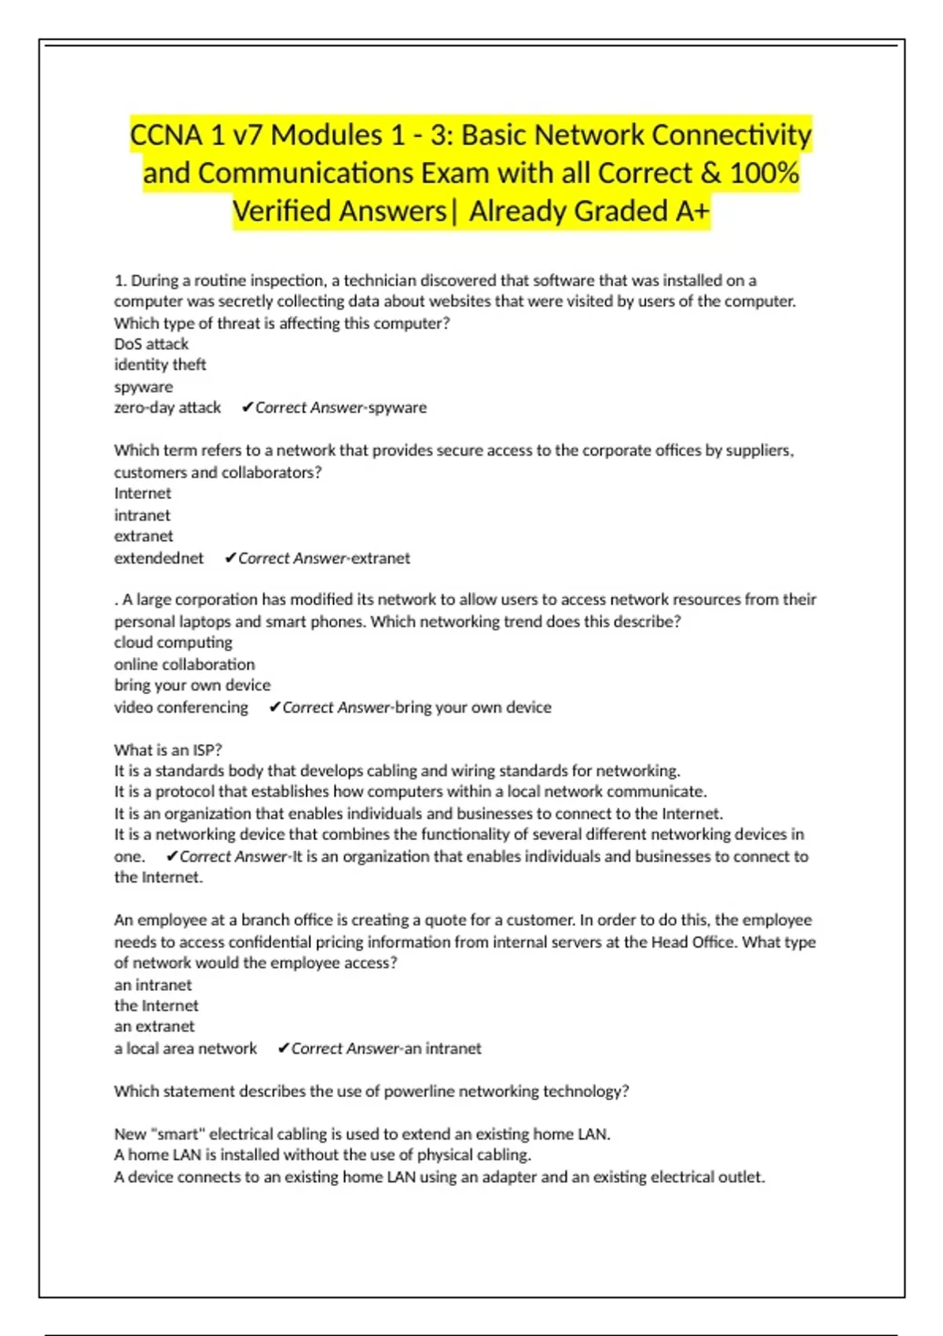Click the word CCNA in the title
coord(167,135)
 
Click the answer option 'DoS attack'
coord(151,344)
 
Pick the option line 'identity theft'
coord(160,365)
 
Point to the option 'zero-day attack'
coord(167,408)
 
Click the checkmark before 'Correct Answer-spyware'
coord(247,407)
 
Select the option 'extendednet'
coord(159,558)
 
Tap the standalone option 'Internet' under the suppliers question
coord(142,494)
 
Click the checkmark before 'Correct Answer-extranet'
coord(230,558)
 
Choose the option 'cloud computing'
coord(173,642)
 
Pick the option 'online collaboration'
coord(184,664)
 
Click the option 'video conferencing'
coord(181,707)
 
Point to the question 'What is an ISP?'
coord(168,750)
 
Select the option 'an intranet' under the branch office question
coord(152,985)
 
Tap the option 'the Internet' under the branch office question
coord(156,1006)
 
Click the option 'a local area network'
coord(185,1048)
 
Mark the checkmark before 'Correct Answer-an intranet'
coord(284,1048)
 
